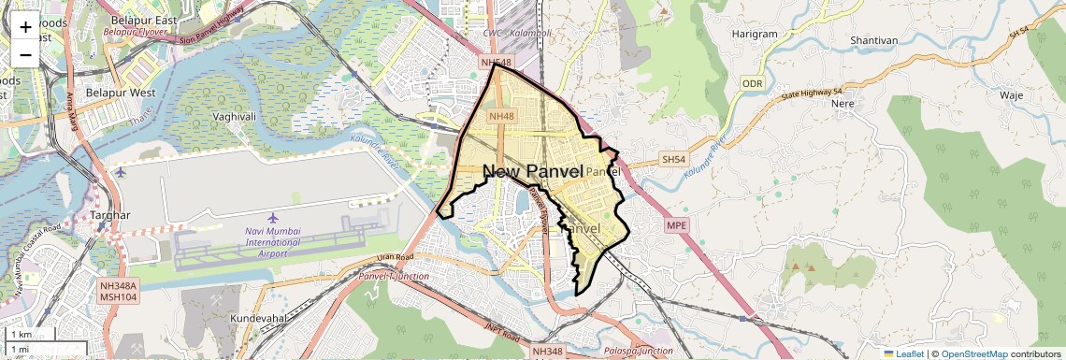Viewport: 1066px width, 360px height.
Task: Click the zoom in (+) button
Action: [25, 26]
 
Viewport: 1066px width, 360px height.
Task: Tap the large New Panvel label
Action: [533, 171]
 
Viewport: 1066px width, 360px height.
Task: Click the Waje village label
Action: [1012, 95]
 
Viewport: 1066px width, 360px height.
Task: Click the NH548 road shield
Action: [497, 63]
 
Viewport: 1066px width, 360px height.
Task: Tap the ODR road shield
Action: [753, 84]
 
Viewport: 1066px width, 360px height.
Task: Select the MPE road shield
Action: [676, 225]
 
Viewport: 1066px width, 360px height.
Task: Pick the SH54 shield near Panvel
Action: [673, 160]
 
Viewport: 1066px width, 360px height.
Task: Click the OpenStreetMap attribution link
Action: [974, 353]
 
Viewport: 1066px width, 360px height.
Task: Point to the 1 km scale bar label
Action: [22, 334]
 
